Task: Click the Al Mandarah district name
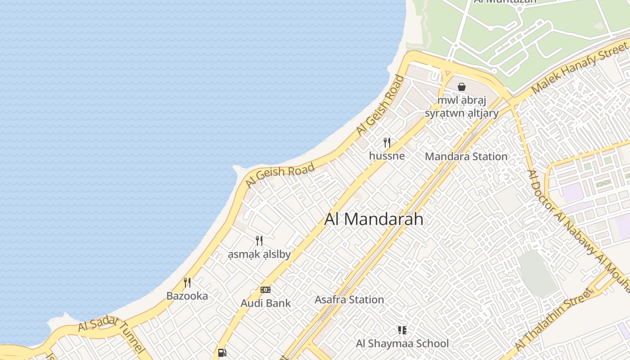374,219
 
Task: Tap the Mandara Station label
466,157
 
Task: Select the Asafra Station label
349,300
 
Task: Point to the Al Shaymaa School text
402,344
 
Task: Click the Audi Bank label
265,303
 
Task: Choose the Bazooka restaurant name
187,296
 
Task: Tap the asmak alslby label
259,255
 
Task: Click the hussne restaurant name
387,156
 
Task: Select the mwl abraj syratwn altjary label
462,107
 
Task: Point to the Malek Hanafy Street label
580,66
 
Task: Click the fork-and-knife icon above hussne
387,143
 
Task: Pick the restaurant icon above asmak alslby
259,241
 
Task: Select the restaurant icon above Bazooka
187,283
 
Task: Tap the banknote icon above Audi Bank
265,290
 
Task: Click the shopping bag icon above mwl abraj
462,87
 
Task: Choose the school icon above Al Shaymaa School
402,330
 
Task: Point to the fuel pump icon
222,353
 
